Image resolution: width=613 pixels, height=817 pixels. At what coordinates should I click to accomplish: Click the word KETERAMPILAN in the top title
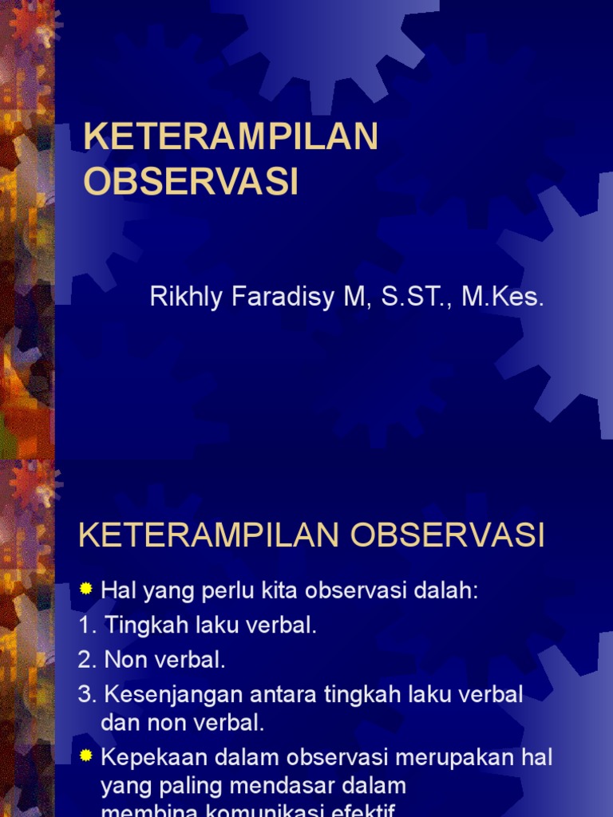click(x=231, y=137)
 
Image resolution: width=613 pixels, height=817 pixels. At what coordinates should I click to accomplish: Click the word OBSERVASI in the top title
click(x=191, y=181)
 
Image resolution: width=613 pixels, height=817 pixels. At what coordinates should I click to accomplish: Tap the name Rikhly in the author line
click(x=182, y=298)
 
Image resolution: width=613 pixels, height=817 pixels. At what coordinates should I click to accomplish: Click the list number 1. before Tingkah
click(x=87, y=626)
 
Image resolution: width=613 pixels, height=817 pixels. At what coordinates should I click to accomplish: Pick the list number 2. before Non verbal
click(x=87, y=661)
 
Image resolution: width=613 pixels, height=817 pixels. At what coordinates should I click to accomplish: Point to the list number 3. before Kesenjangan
click(x=87, y=695)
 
